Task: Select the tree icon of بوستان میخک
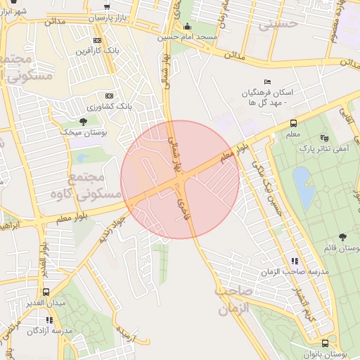(x=82, y=122)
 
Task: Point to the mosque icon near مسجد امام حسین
(x=187, y=27)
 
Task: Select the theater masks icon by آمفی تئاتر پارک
(x=323, y=138)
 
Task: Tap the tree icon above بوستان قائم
(x=342, y=238)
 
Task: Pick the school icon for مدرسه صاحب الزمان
(x=294, y=261)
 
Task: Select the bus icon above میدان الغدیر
(x=46, y=292)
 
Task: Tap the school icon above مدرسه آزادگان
(x=49, y=320)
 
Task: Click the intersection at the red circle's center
(x=180, y=180)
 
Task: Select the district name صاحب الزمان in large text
(x=234, y=299)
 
